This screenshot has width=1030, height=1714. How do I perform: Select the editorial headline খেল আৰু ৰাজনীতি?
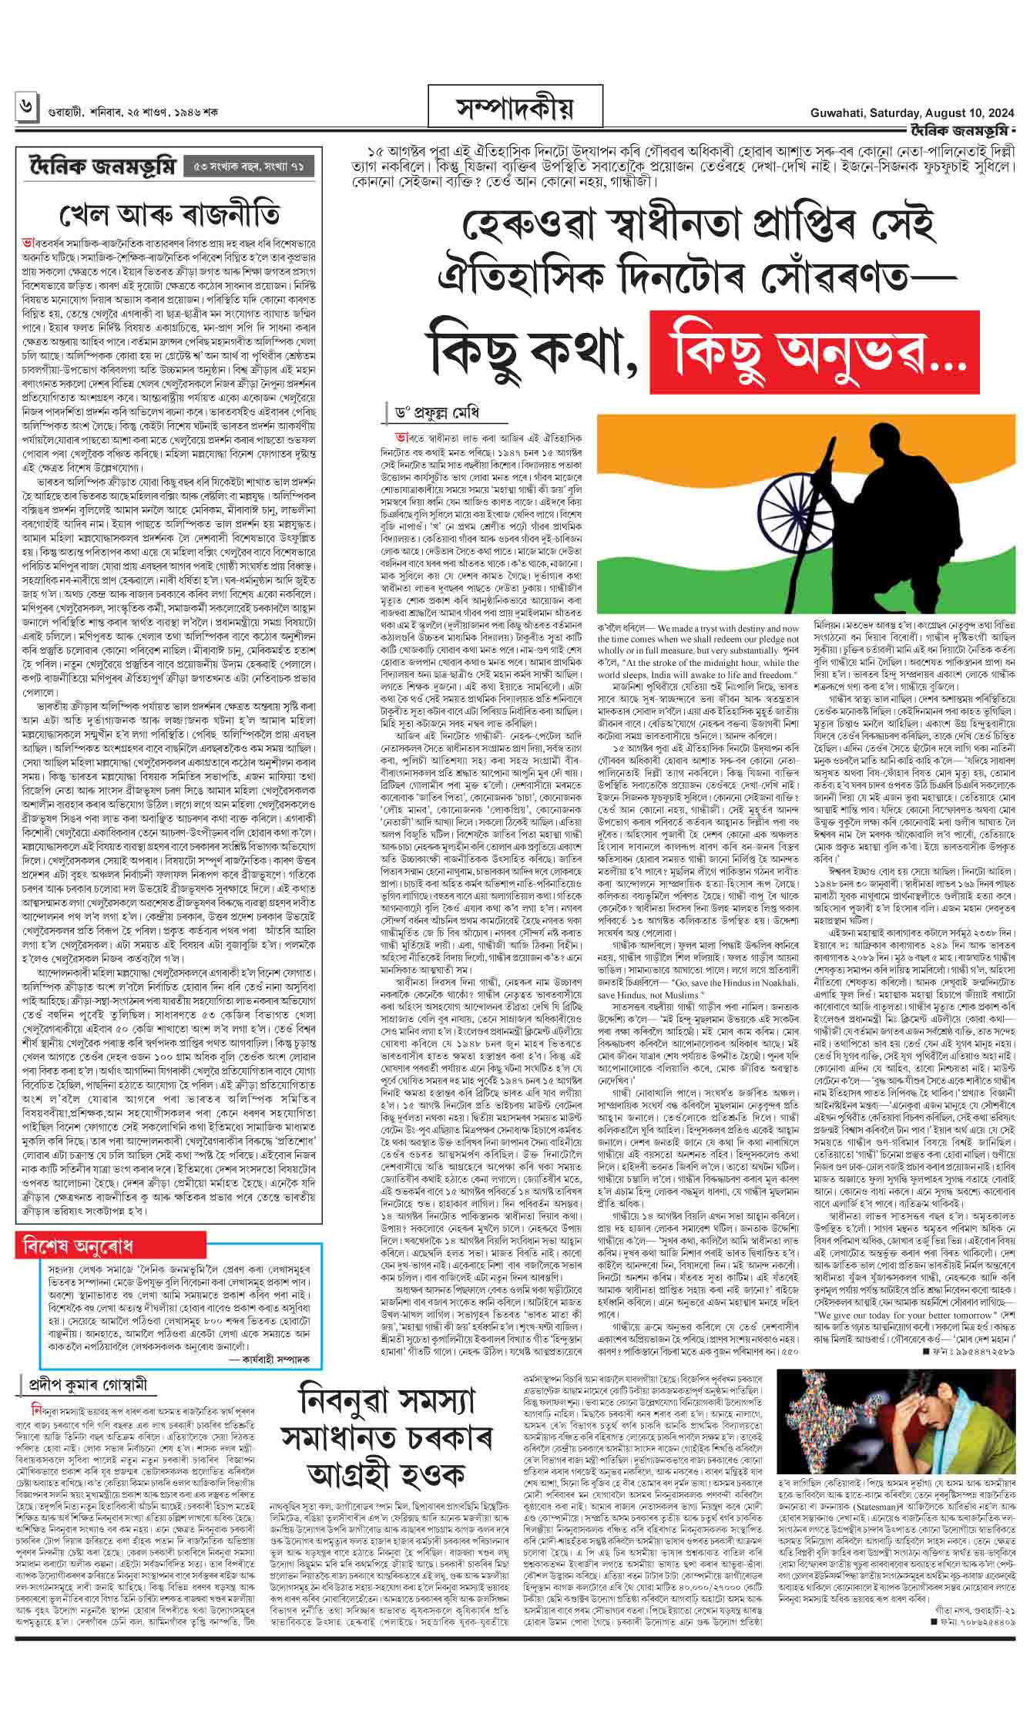tap(170, 213)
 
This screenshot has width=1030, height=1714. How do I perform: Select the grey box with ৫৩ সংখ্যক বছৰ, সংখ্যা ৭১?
tap(249, 165)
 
